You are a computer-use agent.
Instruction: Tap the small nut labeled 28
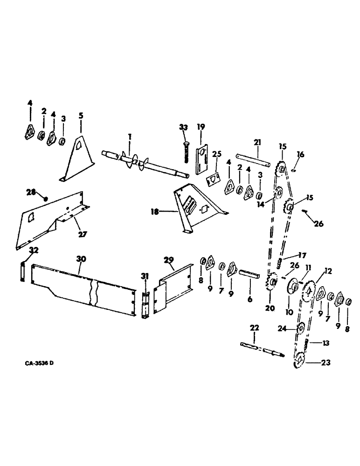click(45, 199)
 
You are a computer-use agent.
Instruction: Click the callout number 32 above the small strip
click(34, 251)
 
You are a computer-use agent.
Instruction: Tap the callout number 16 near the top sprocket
click(300, 153)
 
